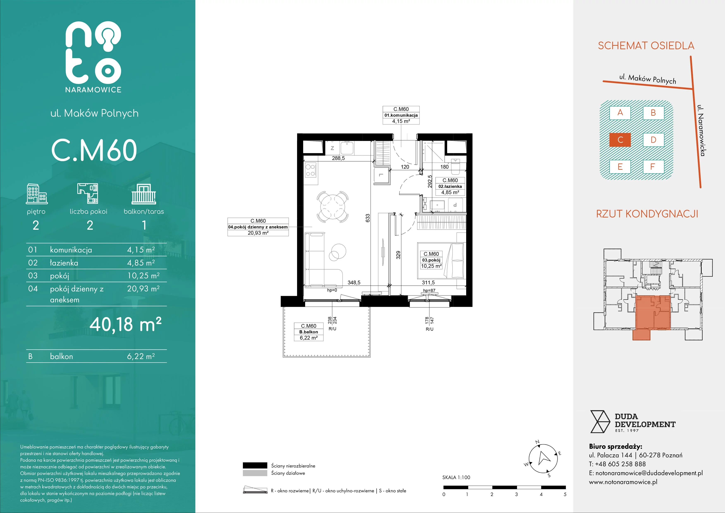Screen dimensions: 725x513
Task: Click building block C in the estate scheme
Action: pos(620,140)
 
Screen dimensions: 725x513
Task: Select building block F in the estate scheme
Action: pos(653,167)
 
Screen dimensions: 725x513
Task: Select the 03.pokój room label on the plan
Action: pos(431,260)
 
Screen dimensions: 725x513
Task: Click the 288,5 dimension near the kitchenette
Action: pos(338,158)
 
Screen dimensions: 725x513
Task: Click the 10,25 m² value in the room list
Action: pos(143,276)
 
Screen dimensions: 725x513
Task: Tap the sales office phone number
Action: pos(617,464)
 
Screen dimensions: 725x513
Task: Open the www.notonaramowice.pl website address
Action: pos(623,482)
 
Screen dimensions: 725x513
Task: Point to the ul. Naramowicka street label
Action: pos(701,130)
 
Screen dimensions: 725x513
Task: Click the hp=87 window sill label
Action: pos(429,290)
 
